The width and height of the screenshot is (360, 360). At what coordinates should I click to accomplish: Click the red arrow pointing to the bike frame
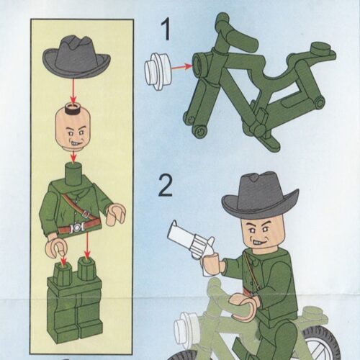183,67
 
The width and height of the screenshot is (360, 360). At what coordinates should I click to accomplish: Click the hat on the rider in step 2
258,194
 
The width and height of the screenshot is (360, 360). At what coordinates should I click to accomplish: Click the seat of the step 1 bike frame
323,51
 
